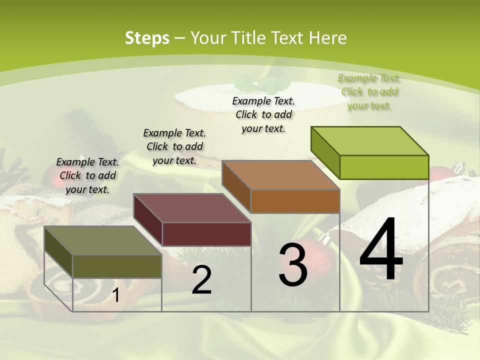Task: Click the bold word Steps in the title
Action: (147, 38)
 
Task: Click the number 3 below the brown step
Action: (292, 264)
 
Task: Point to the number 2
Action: (201, 280)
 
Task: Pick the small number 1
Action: (115, 295)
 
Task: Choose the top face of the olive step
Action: (103, 240)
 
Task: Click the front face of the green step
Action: (384, 167)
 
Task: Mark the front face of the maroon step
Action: (206, 234)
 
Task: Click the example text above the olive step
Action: (87, 175)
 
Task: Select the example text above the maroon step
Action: (174, 146)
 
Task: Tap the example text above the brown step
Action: (263, 114)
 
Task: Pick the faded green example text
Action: (369, 91)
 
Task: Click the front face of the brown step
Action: (295, 201)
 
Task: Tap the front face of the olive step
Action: (117, 266)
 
